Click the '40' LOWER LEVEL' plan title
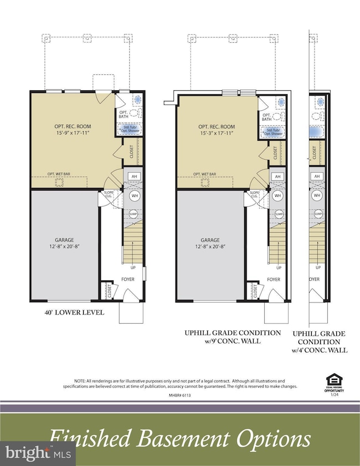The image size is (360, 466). click(x=74, y=313)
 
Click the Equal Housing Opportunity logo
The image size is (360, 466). click(x=334, y=382)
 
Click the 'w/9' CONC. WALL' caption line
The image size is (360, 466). click(x=232, y=341)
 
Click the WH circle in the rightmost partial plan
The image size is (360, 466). click(x=317, y=196)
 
